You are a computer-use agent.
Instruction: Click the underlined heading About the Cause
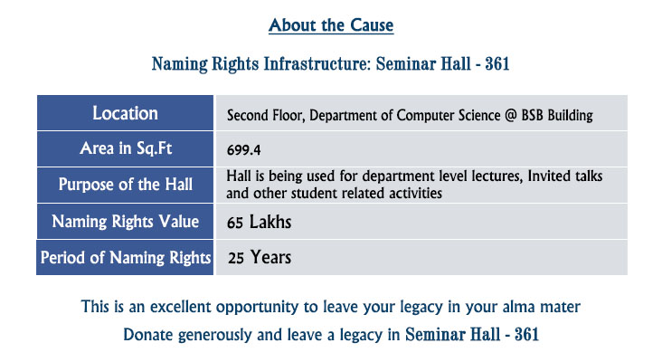[x=331, y=25]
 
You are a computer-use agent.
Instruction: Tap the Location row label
[x=125, y=113]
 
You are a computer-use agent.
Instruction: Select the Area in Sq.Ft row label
[x=126, y=148]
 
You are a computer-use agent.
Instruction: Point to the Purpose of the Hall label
[x=126, y=185]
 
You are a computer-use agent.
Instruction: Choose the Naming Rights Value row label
[x=126, y=222]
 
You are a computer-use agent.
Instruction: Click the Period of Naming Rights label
[x=126, y=258]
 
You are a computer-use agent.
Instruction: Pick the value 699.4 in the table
[x=243, y=150]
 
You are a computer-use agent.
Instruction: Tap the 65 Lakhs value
[x=259, y=223]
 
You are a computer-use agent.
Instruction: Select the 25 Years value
[x=260, y=257]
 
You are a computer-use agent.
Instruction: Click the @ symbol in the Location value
[x=511, y=115]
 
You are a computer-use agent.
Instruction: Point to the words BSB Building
[x=557, y=115]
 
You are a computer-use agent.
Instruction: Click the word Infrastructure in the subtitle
[x=317, y=64]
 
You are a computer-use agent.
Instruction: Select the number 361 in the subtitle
[x=496, y=64]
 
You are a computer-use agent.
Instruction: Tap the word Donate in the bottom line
[x=148, y=335]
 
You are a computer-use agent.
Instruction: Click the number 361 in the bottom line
[x=526, y=335]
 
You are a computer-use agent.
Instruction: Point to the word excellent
[x=181, y=307]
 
